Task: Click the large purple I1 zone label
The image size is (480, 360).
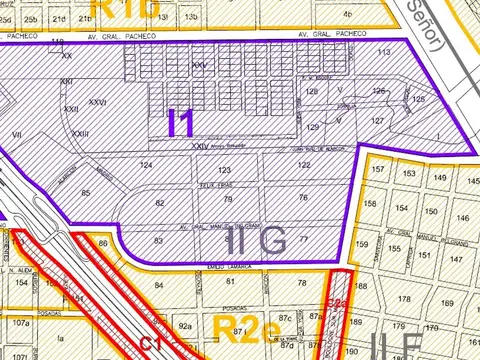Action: pyautogui.click(x=181, y=122)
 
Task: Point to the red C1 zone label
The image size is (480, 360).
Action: pyautogui.click(x=151, y=343)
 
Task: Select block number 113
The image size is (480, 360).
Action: pyautogui.click(x=383, y=53)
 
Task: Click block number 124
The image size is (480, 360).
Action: pyautogui.click(x=147, y=164)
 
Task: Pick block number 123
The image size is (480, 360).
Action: pyautogui.click(x=224, y=171)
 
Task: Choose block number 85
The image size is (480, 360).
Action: pyautogui.click(x=86, y=192)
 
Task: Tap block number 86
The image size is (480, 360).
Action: pyautogui.click(x=103, y=243)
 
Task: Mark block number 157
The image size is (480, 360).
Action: pyautogui.click(x=377, y=170)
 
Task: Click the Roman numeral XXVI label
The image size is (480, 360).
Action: pyautogui.click(x=97, y=102)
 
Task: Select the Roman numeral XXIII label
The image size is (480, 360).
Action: pyautogui.click(x=80, y=134)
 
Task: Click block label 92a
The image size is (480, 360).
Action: pyautogui.click(x=185, y=325)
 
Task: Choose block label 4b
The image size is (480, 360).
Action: pyautogui.click(x=347, y=15)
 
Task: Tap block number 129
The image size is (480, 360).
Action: pyautogui.click(x=312, y=128)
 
